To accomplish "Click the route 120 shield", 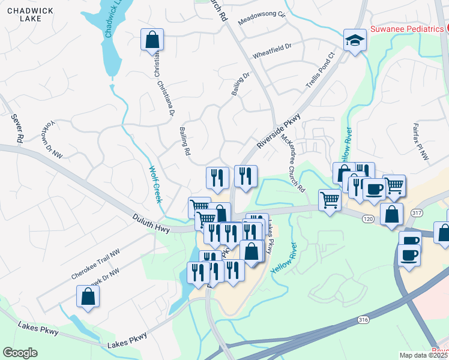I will tap(368, 220).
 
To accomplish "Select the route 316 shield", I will tap(361, 320).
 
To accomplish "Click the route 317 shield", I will tap(418, 213).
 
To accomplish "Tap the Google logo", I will tap(20, 352).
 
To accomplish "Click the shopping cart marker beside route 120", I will tap(330, 200).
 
